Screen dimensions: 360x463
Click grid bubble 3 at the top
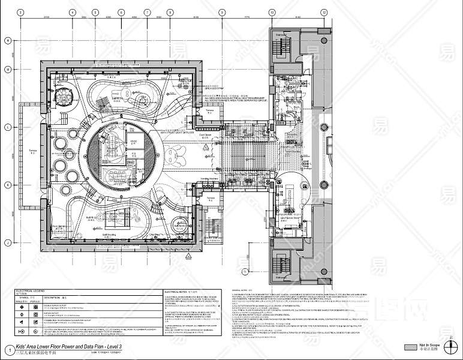(20, 12)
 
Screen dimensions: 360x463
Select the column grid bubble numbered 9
(221, 12)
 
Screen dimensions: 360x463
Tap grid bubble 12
(324, 12)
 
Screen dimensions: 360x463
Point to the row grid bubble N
(8, 40)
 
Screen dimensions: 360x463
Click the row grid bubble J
(8, 242)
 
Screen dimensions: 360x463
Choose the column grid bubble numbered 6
(121, 12)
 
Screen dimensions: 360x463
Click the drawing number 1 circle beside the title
(8, 349)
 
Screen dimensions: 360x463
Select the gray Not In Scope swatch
(410, 347)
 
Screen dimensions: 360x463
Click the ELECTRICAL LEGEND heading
(31, 290)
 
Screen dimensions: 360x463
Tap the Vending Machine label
(208, 179)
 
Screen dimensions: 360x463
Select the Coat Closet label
(205, 136)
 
